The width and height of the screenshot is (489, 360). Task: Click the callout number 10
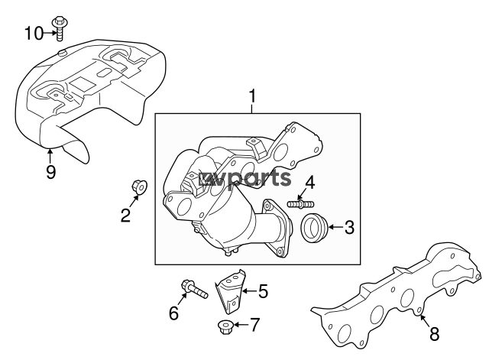click(34, 33)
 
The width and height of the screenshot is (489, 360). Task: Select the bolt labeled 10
click(58, 28)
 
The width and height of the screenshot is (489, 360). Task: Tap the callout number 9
click(51, 172)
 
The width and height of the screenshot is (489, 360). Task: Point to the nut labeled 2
click(139, 186)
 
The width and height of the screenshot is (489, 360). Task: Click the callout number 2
click(125, 216)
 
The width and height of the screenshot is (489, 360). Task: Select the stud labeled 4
click(300, 204)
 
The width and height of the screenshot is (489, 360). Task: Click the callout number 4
click(309, 183)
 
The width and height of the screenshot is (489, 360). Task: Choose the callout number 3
click(350, 227)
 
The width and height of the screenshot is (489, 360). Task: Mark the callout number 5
click(263, 291)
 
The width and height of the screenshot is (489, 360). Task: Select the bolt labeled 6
click(194, 289)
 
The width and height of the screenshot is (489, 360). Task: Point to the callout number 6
click(173, 313)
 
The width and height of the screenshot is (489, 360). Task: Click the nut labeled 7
click(225, 326)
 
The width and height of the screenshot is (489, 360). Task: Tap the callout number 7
click(254, 325)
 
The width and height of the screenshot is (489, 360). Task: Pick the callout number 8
click(434, 334)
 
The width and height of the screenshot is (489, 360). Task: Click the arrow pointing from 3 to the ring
click(335, 227)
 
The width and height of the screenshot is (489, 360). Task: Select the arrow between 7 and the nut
click(241, 325)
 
